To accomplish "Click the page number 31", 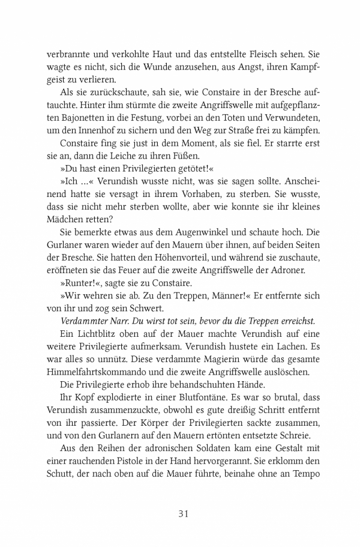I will (x=184, y=513).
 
